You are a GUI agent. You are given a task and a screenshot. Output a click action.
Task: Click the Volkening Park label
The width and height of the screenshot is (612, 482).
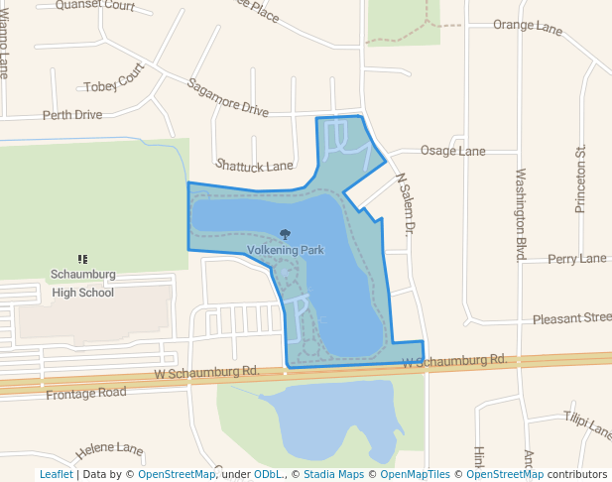[286, 251]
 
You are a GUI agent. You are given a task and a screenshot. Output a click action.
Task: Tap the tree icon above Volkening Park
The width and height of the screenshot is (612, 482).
[286, 235]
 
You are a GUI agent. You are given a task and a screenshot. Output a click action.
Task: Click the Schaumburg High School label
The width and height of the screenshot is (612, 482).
[83, 283]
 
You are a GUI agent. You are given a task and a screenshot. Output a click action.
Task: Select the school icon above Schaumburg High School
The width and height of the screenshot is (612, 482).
[83, 259]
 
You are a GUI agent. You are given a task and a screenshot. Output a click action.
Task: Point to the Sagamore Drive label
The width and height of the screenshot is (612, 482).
[227, 97]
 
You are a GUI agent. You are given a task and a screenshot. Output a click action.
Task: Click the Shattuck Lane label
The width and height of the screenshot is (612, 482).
[255, 165]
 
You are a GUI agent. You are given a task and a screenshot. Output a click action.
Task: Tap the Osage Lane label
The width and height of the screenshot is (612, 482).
[452, 151]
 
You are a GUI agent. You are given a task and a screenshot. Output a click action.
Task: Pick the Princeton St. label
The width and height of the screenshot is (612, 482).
[581, 180]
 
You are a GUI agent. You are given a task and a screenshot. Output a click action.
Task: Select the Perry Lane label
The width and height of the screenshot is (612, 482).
[576, 259]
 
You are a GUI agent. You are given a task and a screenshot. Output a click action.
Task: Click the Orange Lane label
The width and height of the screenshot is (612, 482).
[528, 26]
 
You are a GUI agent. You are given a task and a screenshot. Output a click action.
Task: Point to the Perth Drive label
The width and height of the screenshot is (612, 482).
[72, 115]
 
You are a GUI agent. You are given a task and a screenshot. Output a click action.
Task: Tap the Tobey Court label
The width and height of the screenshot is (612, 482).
[114, 82]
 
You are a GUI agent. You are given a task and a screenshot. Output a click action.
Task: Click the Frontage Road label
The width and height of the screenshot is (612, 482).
[86, 393]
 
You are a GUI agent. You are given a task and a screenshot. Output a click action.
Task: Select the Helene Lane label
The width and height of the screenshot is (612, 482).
[110, 450]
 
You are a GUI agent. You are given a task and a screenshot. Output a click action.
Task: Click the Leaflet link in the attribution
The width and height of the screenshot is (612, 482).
[56, 474]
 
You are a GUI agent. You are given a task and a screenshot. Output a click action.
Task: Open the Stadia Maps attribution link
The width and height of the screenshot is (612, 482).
[333, 474]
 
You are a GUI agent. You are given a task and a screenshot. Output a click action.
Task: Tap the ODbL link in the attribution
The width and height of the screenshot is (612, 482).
[268, 474]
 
